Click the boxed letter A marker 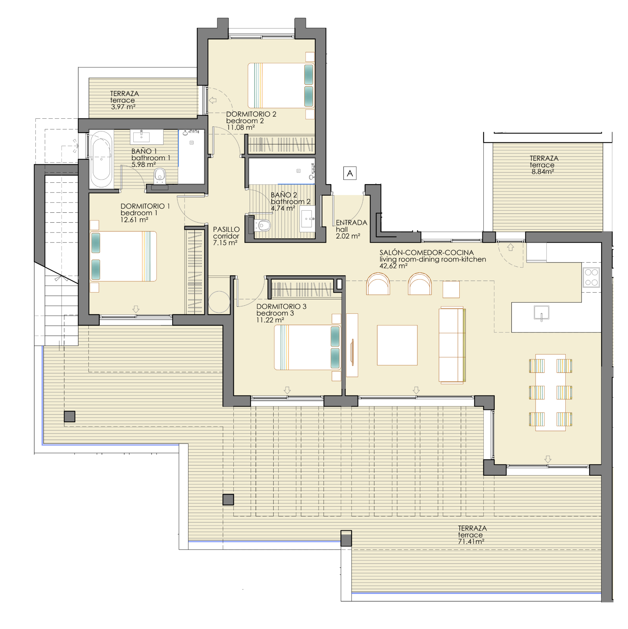coord(350,173)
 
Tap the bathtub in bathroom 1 coord(101,159)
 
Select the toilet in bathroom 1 coord(160,176)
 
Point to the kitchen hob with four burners coord(591,277)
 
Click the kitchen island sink coord(541,313)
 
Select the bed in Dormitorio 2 coord(281,86)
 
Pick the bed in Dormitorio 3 coord(307,347)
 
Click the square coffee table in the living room coord(397,345)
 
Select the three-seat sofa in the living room coord(452,345)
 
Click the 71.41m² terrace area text coord(471,541)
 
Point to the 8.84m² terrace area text coord(543,172)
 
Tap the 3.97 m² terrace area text coord(123,107)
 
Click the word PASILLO coord(226,229)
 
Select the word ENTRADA coord(351,223)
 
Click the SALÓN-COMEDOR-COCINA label coord(427,253)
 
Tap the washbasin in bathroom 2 coord(307,219)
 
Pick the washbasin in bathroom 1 coord(146,137)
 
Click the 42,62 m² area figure coord(394,266)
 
